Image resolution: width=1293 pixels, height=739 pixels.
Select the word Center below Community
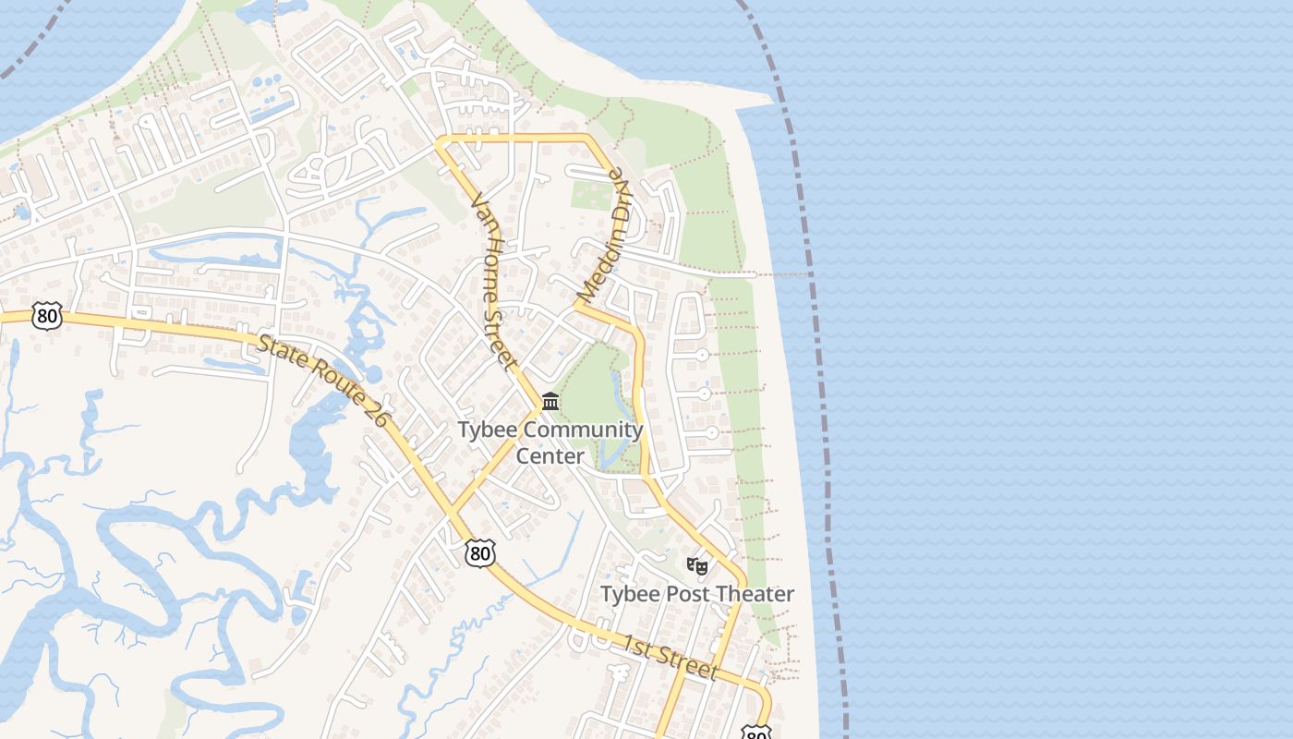(x=550, y=456)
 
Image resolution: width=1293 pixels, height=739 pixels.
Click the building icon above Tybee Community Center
(x=550, y=401)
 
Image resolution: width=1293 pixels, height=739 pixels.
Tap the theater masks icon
(x=697, y=564)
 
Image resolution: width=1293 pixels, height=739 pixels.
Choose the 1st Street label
(x=670, y=657)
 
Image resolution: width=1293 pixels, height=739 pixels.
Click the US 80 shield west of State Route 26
(x=46, y=315)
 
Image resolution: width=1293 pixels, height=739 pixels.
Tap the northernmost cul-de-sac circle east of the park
(x=702, y=355)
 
